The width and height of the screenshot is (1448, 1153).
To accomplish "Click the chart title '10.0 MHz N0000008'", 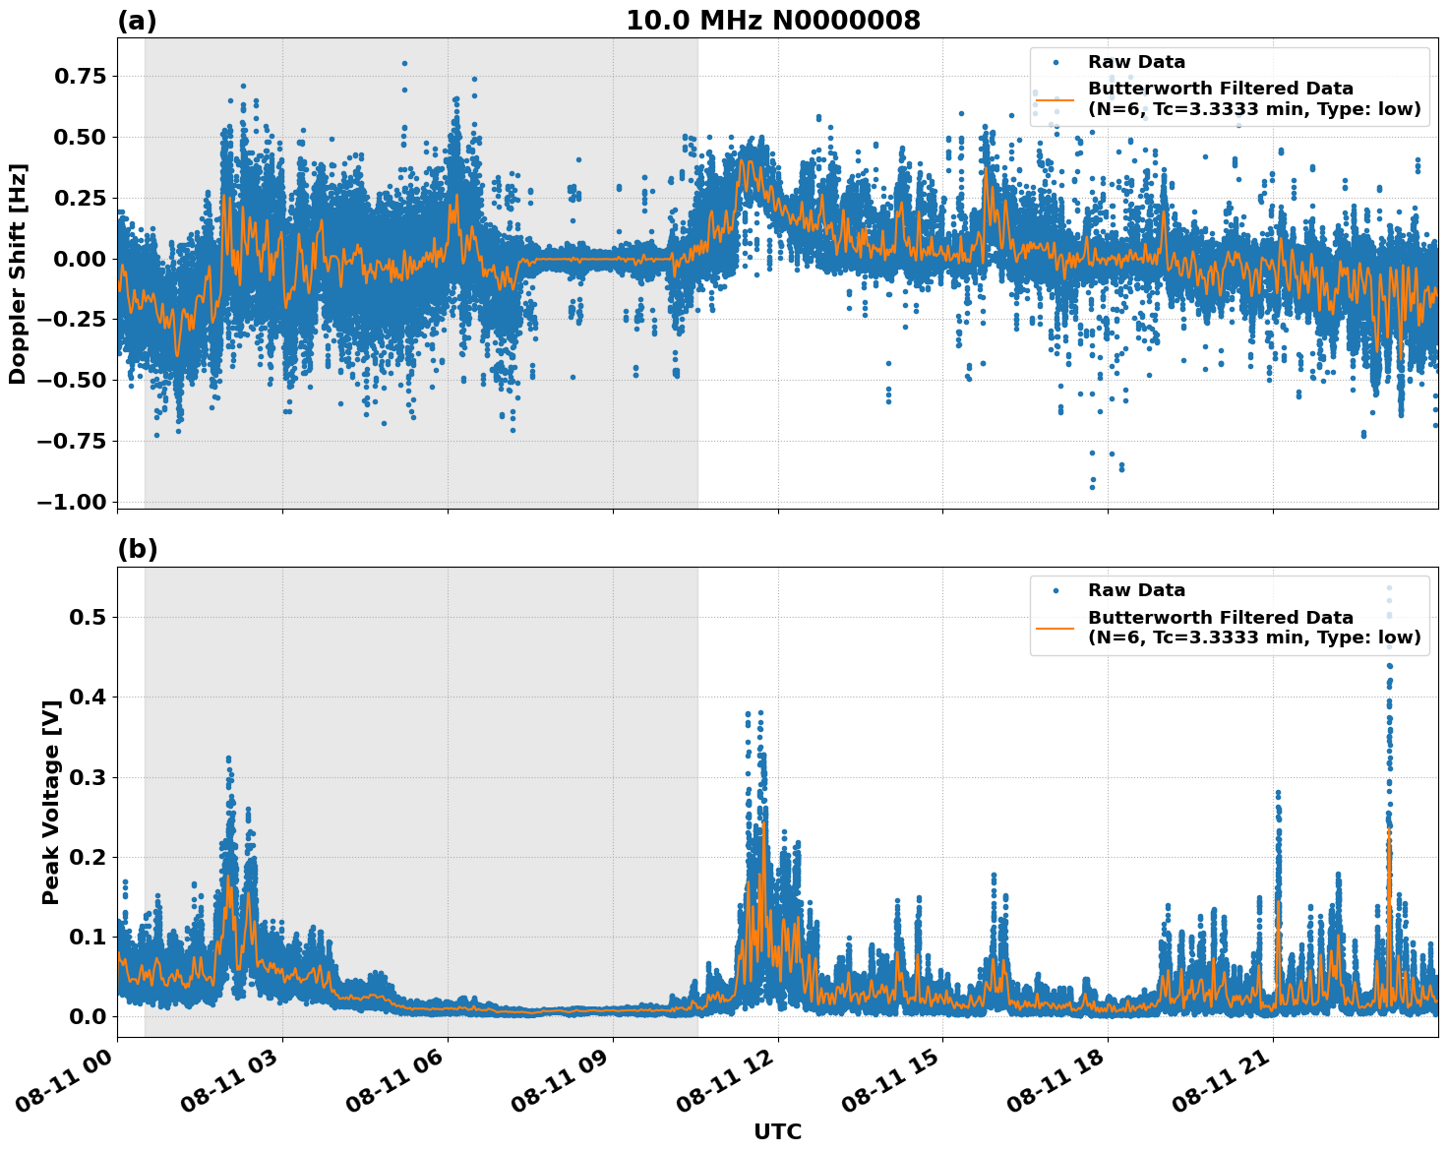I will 773,20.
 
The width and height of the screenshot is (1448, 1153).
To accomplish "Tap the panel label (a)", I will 137,21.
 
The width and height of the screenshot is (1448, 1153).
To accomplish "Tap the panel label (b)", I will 137,549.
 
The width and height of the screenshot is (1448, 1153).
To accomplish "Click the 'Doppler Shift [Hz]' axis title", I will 18,273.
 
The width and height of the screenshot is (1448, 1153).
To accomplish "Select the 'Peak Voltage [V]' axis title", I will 51,802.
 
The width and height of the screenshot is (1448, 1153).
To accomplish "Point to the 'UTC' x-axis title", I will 777,1131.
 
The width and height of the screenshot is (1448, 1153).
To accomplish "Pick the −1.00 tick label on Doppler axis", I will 71,502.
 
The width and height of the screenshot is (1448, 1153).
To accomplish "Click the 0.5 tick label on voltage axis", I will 89,618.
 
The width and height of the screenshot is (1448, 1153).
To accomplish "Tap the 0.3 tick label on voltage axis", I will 89,777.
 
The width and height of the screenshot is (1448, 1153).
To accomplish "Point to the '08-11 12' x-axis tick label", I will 722,1082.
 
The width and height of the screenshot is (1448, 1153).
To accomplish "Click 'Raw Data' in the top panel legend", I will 1136,62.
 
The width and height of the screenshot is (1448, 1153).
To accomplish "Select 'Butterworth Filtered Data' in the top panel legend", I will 1220,89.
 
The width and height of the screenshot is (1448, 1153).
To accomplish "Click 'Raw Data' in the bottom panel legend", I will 1136,590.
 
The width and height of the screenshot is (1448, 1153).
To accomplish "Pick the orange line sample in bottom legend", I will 1056,628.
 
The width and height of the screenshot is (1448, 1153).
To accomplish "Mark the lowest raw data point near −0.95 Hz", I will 1092,486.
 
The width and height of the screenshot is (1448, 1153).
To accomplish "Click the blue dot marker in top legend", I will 1056,62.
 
